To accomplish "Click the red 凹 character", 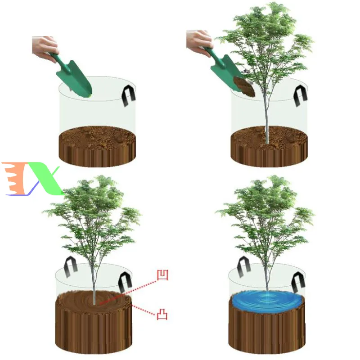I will tap(162, 275).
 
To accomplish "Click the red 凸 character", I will tap(162, 314).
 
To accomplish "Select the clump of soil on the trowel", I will tap(244, 86).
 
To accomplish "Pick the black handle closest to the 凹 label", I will tap(124, 283).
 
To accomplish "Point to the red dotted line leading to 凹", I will tap(130, 288).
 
